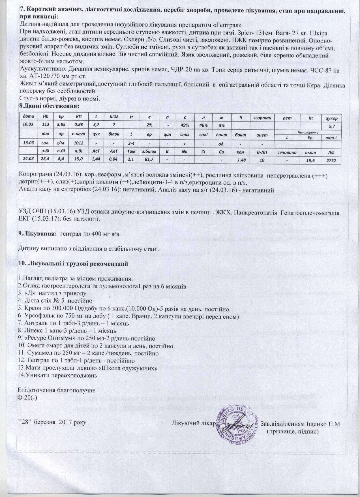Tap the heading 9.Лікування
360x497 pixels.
pos(35,234)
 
